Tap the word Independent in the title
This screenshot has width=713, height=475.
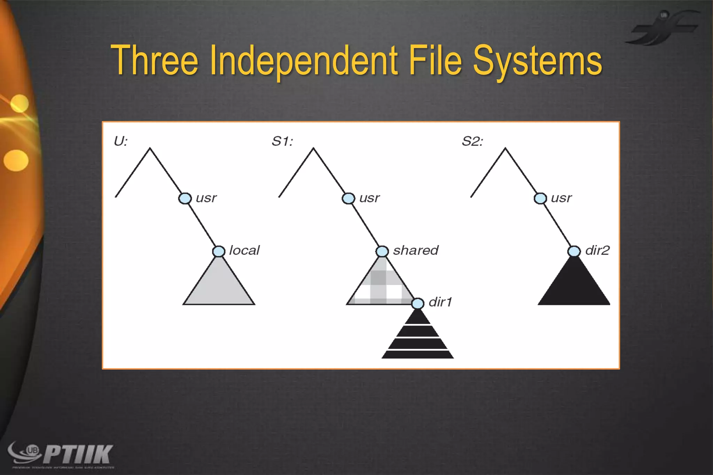(x=304, y=61)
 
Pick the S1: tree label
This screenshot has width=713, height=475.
(x=282, y=141)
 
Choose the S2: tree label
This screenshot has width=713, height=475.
(x=472, y=141)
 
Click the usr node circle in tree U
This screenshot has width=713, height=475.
(x=185, y=198)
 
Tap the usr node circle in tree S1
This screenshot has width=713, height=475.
(x=348, y=198)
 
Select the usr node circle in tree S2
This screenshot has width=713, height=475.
(x=540, y=198)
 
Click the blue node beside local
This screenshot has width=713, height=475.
(x=219, y=251)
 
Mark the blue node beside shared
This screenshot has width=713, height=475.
(x=382, y=251)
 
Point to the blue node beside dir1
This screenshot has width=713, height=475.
(x=418, y=303)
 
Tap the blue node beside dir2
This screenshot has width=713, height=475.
(x=574, y=251)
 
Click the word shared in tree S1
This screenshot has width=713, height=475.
(x=416, y=250)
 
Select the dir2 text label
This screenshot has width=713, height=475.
(x=597, y=250)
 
